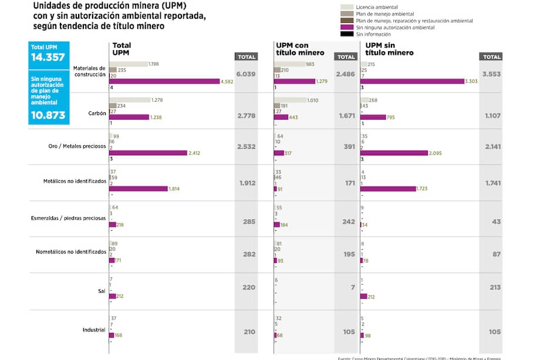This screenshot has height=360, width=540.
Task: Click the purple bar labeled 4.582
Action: (164, 81)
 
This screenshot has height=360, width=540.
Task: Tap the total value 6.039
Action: (247, 74)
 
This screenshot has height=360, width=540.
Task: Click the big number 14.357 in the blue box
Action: (49, 58)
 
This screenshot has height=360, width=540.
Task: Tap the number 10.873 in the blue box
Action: (49, 115)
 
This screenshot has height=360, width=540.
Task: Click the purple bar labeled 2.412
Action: (148, 153)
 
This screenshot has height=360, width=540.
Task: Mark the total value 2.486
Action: (346, 74)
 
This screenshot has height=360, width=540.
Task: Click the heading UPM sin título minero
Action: (389, 49)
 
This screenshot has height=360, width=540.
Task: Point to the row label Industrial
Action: (94, 329)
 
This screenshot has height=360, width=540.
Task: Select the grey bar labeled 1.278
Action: (130, 100)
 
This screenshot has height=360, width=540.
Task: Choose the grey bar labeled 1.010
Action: (290, 100)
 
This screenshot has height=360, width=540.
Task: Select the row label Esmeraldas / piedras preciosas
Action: (68, 218)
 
